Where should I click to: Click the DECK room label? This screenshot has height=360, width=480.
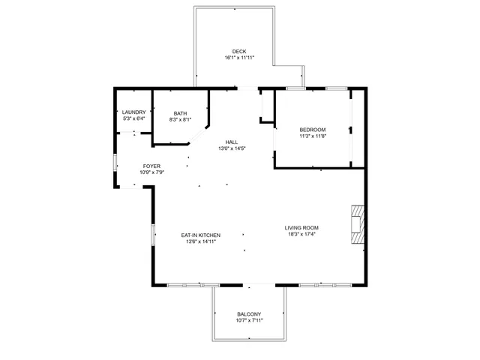238,52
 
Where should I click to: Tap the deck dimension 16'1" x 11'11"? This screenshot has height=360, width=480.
238,58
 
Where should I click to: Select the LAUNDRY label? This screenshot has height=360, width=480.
133,112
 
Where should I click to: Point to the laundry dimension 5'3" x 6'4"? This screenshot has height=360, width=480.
133,118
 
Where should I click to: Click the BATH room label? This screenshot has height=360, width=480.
180,113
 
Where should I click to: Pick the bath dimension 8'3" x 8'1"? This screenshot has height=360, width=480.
180,119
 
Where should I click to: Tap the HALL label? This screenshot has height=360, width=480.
232,142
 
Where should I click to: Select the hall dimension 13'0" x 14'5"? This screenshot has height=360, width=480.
232,148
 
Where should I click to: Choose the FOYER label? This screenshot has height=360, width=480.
151,166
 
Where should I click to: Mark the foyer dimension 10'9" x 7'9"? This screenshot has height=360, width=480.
151,172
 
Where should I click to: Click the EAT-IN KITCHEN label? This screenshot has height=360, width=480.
200,235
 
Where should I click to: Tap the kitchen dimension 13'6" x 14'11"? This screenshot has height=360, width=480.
200,241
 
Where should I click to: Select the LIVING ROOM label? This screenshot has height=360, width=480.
301,228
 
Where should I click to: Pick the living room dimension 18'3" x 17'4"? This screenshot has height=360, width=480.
301,234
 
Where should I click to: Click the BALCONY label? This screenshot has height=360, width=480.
249,314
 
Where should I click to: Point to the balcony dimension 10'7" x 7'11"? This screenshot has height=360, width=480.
249,320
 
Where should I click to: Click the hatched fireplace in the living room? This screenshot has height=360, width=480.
357,223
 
